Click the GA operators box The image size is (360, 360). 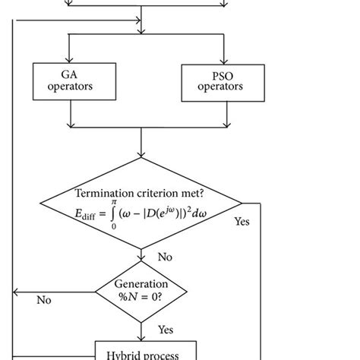coord(69,82)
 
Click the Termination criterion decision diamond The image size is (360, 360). coord(141,204)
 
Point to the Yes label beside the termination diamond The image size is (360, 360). coord(242,223)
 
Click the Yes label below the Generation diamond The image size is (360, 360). coord(165,330)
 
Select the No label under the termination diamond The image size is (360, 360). coord(165,257)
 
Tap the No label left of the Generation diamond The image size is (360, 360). coord(45,300)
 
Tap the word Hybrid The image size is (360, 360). coord(122,352)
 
